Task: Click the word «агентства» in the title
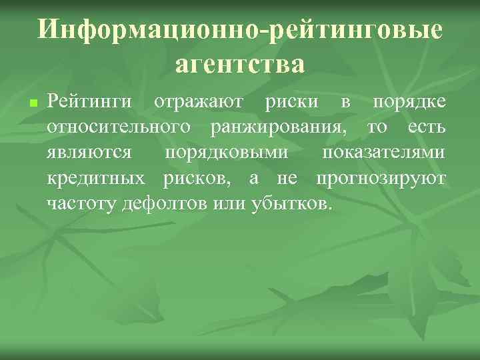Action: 240,65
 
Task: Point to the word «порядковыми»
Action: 227,153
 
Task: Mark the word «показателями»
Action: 384,153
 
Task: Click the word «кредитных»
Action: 97,177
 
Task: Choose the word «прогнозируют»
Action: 382,177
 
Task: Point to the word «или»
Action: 226,202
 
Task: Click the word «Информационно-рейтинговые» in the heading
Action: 240,30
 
